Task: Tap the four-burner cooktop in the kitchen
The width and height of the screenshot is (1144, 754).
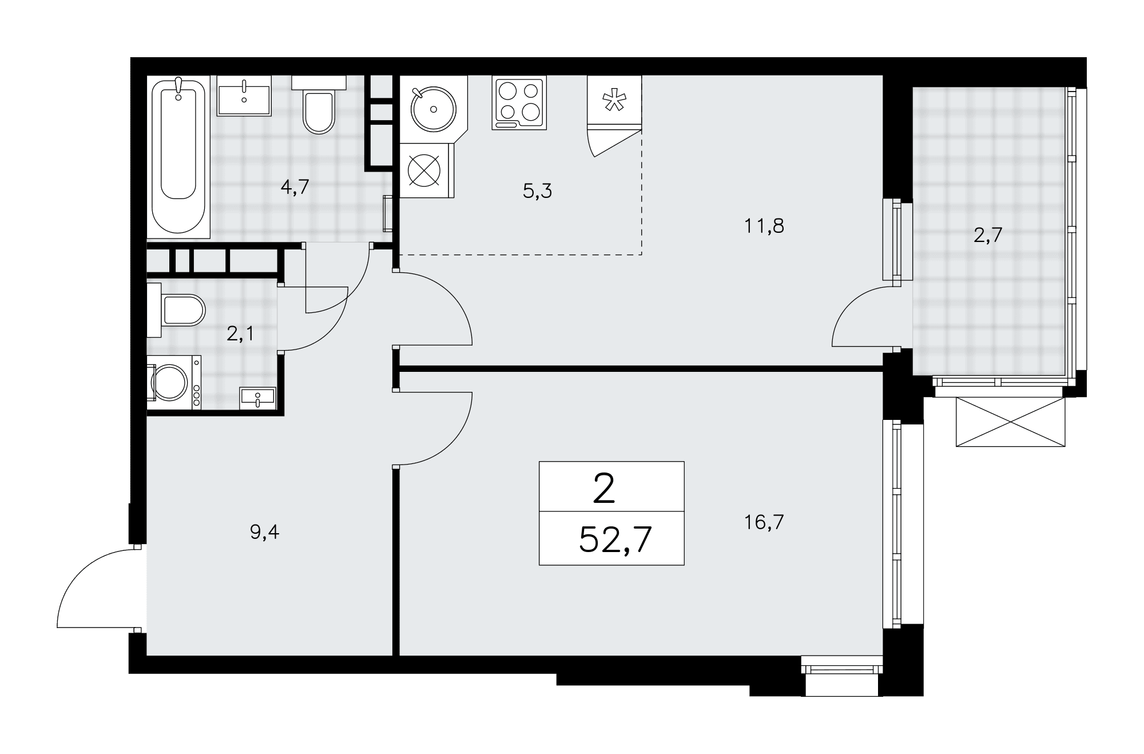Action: pyautogui.click(x=519, y=102)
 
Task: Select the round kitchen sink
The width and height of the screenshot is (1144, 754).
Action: pyautogui.click(x=433, y=109)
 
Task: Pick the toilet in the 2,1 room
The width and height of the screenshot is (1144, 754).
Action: pyautogui.click(x=176, y=309)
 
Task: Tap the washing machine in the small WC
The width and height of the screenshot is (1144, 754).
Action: pyautogui.click(x=174, y=382)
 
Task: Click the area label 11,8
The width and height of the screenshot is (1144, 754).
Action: pyautogui.click(x=764, y=226)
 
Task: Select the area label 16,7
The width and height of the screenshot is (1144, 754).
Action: pyautogui.click(x=764, y=522)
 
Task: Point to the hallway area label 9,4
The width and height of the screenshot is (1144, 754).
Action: pyautogui.click(x=265, y=533)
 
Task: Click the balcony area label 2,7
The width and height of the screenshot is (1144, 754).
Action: pyautogui.click(x=988, y=235)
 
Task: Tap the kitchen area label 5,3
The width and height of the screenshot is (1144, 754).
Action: pyautogui.click(x=537, y=191)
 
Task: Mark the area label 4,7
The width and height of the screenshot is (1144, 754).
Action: pyautogui.click(x=295, y=187)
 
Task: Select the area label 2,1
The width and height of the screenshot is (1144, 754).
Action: pyautogui.click(x=240, y=334)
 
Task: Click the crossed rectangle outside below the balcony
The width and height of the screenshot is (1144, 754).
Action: pyautogui.click(x=1010, y=422)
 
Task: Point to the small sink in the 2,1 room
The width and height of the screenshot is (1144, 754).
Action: pyautogui.click(x=258, y=397)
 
